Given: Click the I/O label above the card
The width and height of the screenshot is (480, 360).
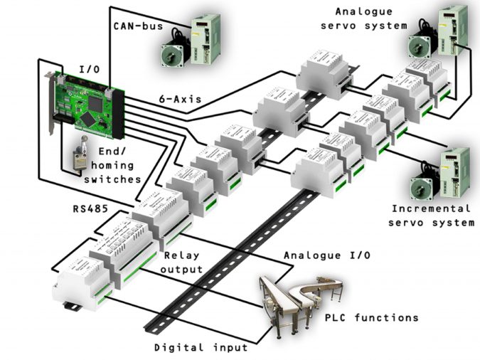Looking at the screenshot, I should (x=89, y=69).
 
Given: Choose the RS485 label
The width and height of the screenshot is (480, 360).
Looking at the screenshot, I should (x=92, y=211).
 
